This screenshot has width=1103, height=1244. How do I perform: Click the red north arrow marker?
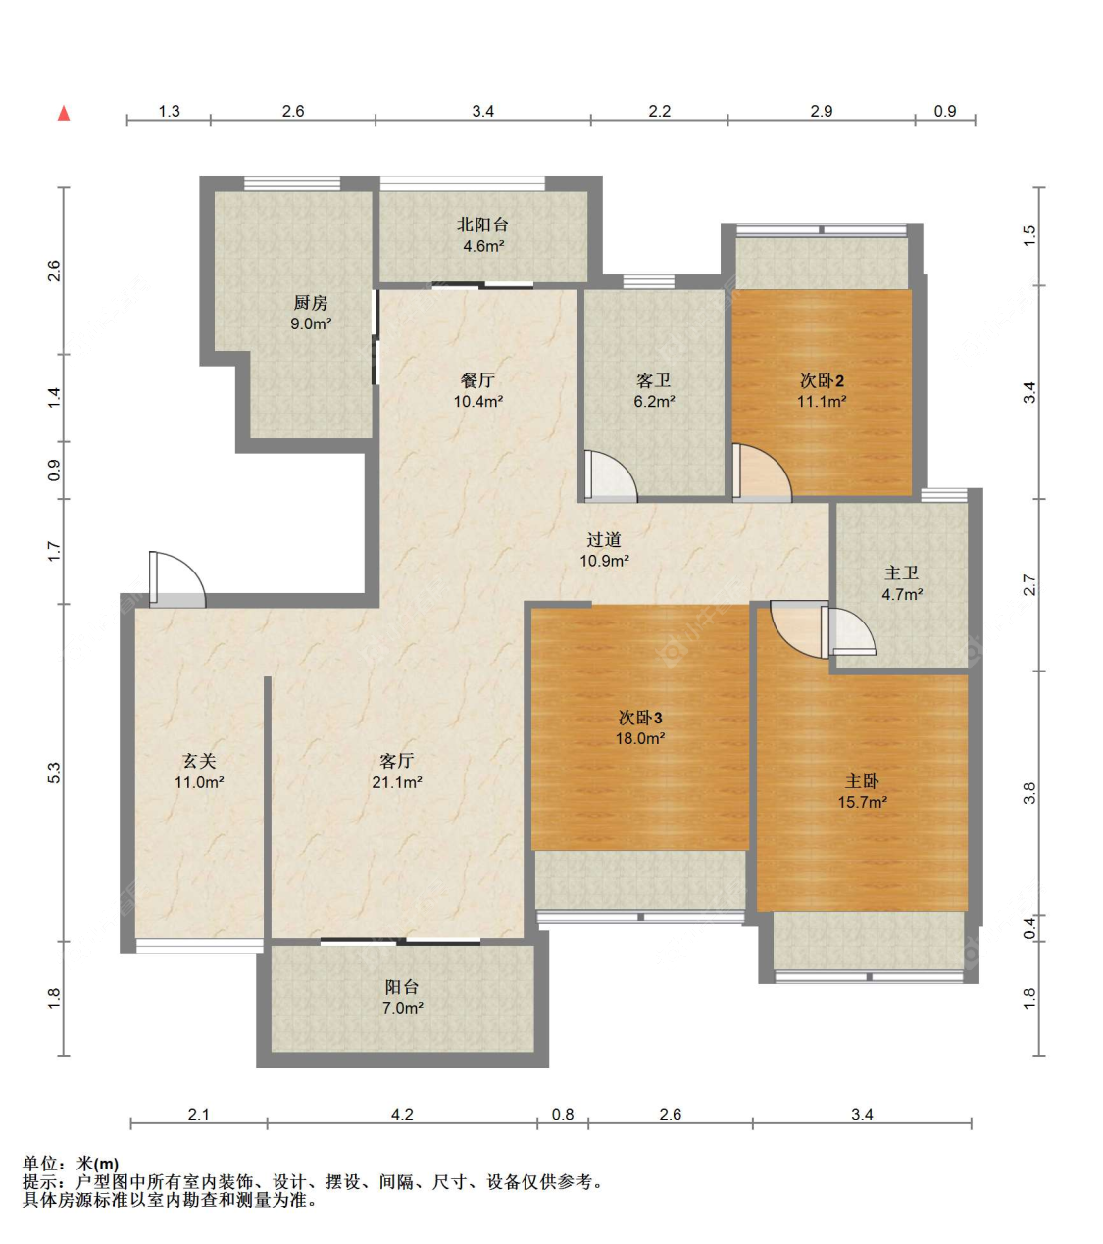pyautogui.click(x=64, y=113)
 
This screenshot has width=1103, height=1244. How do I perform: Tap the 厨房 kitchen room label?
pyautogui.click(x=310, y=302)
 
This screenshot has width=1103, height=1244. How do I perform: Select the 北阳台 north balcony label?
pyautogui.click(x=482, y=224)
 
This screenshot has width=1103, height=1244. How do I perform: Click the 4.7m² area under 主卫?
pyautogui.click(x=902, y=594)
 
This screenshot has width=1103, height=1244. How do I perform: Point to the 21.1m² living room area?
pyautogui.click(x=396, y=781)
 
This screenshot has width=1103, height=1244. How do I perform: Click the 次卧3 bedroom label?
pyautogui.click(x=639, y=718)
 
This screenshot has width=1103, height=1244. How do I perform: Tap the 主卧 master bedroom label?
pyautogui.click(x=862, y=781)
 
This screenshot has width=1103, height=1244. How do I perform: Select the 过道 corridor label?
pyautogui.click(x=604, y=539)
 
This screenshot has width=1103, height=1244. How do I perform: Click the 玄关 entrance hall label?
pyautogui.click(x=199, y=761)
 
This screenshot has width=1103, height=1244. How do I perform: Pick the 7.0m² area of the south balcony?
pyautogui.click(x=402, y=1008)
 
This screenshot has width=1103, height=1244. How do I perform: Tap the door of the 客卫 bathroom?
pyautogui.click(x=611, y=475)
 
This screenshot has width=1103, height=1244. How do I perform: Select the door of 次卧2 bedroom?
pyautogui.click(x=762, y=473)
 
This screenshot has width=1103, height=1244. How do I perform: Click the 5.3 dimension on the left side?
pyautogui.click(x=54, y=772)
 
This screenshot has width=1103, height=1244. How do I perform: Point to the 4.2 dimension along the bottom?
pyautogui.click(x=402, y=1114)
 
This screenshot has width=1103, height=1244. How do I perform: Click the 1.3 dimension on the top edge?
pyautogui.click(x=169, y=111)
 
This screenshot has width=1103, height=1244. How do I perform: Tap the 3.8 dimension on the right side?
pyautogui.click(x=1029, y=793)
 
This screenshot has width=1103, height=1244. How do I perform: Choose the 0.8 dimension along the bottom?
pyautogui.click(x=563, y=1114)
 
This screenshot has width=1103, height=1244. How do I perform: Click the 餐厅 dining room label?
pyautogui.click(x=477, y=380)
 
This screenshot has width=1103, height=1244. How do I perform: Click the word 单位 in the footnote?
pyautogui.click(x=40, y=1164)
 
